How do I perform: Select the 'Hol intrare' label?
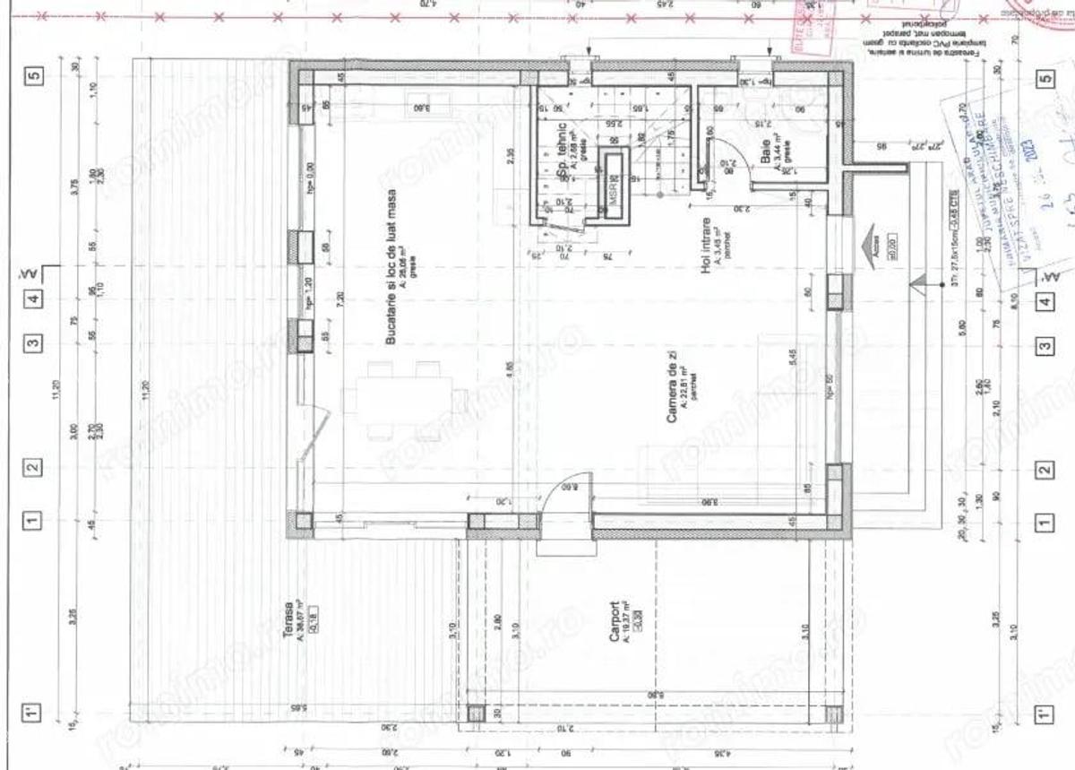tap(707, 243)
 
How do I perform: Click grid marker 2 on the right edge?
tap(1043, 469)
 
